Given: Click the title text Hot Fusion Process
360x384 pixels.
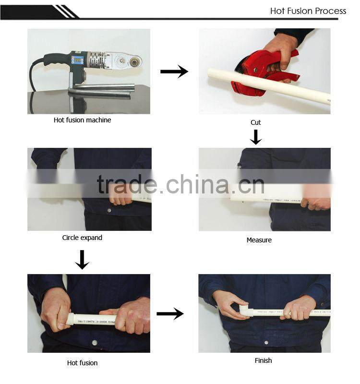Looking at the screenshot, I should tap(308, 11).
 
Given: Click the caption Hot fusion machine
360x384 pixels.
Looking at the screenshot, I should tap(82, 120).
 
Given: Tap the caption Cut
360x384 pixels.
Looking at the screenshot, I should tap(256, 122).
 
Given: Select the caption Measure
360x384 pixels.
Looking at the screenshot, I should tap(259, 240).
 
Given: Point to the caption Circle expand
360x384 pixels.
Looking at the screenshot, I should tap(82, 238).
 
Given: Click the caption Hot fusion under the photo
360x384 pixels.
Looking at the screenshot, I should tap(82, 363).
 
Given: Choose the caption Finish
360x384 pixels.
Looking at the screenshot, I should tap(263, 360).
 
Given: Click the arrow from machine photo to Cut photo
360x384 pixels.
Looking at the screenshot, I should tap(174, 72).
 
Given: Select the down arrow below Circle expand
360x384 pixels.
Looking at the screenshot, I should tap(82, 259).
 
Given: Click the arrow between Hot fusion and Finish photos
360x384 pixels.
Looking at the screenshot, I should tap(170, 314).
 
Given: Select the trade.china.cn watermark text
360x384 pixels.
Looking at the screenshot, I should tap(180, 185).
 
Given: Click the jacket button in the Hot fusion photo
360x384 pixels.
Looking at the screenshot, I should tap(95, 343).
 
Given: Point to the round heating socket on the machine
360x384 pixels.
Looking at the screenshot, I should tap(133, 62).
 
